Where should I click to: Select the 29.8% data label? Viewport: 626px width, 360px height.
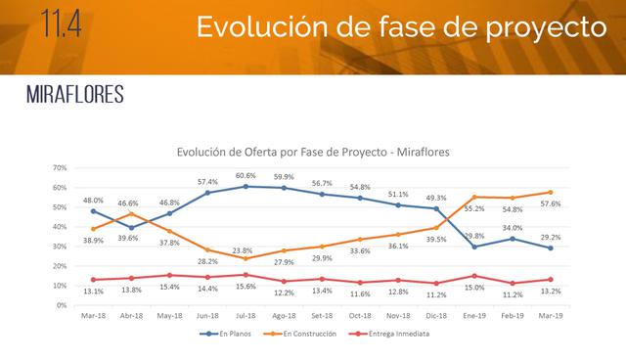(473, 235)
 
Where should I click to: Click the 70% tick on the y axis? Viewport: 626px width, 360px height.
(58, 168)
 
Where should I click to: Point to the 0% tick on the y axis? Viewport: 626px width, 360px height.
(60, 305)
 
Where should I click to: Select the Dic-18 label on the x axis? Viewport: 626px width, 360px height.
(436, 316)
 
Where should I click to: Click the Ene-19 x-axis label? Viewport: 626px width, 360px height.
(474, 316)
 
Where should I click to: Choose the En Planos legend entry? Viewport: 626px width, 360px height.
(228, 334)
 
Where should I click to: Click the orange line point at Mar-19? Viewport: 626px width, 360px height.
(551, 193)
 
